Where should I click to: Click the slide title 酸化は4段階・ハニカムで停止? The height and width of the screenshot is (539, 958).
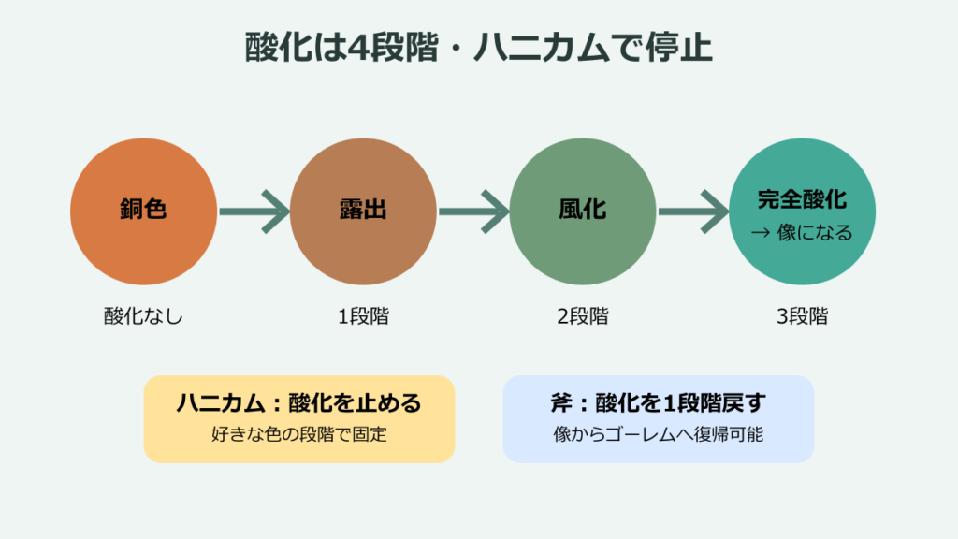(478, 47)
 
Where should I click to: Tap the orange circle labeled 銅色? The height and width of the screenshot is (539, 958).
(143, 211)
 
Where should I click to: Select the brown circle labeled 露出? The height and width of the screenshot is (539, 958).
(363, 211)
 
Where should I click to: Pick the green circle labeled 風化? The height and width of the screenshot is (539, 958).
(582, 211)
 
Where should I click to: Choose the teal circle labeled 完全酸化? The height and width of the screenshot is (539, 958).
(802, 211)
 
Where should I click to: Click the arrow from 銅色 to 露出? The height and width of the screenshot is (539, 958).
(254, 211)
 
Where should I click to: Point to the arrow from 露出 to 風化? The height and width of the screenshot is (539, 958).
(473, 211)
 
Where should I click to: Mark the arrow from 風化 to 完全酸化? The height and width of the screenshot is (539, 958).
(693, 211)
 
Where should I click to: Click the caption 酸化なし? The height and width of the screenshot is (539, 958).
(143, 316)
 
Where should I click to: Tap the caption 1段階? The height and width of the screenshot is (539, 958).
(364, 316)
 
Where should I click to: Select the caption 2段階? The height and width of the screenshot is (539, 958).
(583, 316)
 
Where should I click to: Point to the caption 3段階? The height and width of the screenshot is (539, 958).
(802, 316)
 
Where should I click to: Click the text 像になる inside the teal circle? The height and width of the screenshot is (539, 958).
(815, 232)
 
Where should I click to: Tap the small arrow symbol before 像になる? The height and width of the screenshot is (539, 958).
(760, 232)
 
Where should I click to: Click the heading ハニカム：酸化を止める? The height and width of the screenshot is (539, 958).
(299, 402)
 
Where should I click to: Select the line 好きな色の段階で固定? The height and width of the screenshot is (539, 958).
(299, 434)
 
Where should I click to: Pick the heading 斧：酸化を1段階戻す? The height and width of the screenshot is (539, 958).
(659, 402)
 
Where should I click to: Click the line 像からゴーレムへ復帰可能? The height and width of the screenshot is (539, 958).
(659, 434)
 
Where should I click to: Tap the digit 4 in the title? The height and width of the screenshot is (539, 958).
(358, 48)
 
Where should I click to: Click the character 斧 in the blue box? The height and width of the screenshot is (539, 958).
(561, 402)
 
